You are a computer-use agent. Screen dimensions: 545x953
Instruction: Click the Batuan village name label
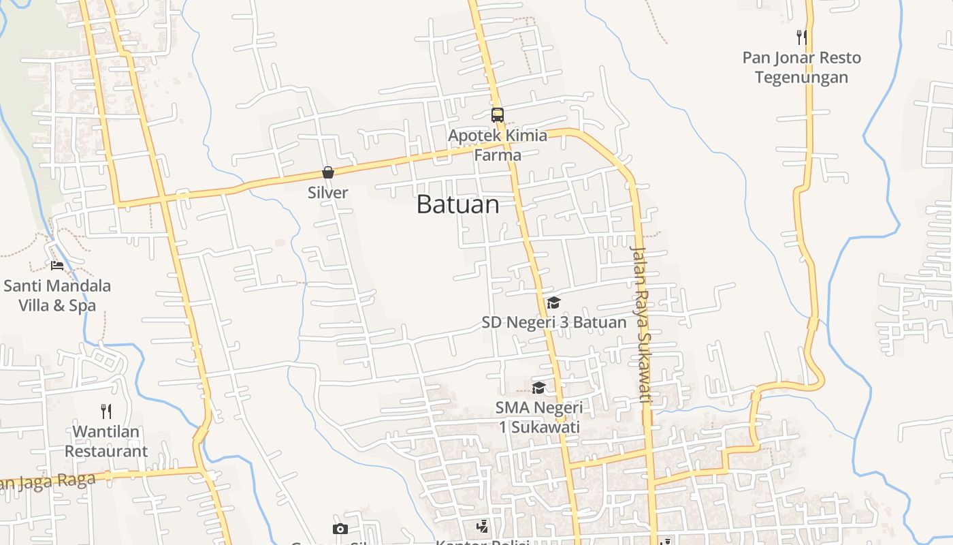click(x=457, y=204)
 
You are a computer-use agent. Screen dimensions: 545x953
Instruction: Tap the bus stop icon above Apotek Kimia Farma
click(x=498, y=114)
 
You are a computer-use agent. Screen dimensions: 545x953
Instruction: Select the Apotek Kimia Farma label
click(x=498, y=145)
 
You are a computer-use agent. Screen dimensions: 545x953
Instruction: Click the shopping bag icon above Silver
click(x=327, y=172)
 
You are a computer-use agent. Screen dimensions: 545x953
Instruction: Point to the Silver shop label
click(x=327, y=193)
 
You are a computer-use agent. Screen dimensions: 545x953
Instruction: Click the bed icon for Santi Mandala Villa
click(x=57, y=265)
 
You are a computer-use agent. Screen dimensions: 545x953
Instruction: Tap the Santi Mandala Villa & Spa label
click(x=57, y=296)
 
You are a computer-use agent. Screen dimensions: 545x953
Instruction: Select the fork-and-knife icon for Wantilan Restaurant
click(x=106, y=411)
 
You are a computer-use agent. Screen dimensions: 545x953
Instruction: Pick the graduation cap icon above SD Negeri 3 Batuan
click(x=553, y=302)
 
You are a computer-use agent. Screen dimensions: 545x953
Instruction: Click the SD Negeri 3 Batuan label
click(x=553, y=322)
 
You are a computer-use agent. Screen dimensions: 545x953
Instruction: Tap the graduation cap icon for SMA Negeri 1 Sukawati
click(x=538, y=388)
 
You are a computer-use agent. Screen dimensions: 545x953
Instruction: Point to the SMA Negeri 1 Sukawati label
click(x=538, y=418)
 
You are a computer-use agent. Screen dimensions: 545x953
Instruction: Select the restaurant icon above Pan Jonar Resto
click(x=801, y=37)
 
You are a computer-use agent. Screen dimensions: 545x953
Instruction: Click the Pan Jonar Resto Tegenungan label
click(x=801, y=67)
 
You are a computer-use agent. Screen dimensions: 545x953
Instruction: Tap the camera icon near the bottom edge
click(x=340, y=529)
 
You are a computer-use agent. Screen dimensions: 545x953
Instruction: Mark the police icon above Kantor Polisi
click(x=482, y=526)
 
